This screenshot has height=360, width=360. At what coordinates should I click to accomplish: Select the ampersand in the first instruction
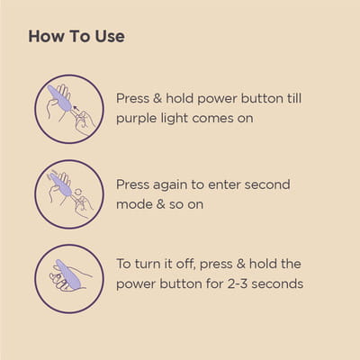(157, 98)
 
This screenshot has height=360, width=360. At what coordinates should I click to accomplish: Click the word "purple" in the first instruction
(136, 119)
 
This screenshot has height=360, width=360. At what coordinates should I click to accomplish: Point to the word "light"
(175, 118)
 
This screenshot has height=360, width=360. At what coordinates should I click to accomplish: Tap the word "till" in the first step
(294, 98)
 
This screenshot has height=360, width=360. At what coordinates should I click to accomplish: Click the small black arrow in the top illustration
(76, 108)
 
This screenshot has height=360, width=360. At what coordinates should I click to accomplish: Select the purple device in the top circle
(59, 98)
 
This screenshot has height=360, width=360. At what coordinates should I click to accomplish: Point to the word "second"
(267, 184)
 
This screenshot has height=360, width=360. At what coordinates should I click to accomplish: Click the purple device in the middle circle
(60, 184)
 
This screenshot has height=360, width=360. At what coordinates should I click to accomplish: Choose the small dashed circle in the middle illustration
(77, 193)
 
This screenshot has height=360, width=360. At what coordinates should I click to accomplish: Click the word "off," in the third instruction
(185, 264)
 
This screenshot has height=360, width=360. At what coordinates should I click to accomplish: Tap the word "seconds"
(277, 283)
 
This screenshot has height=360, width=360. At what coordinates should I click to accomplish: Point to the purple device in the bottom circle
(68, 274)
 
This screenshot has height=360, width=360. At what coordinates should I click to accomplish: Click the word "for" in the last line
(215, 283)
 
